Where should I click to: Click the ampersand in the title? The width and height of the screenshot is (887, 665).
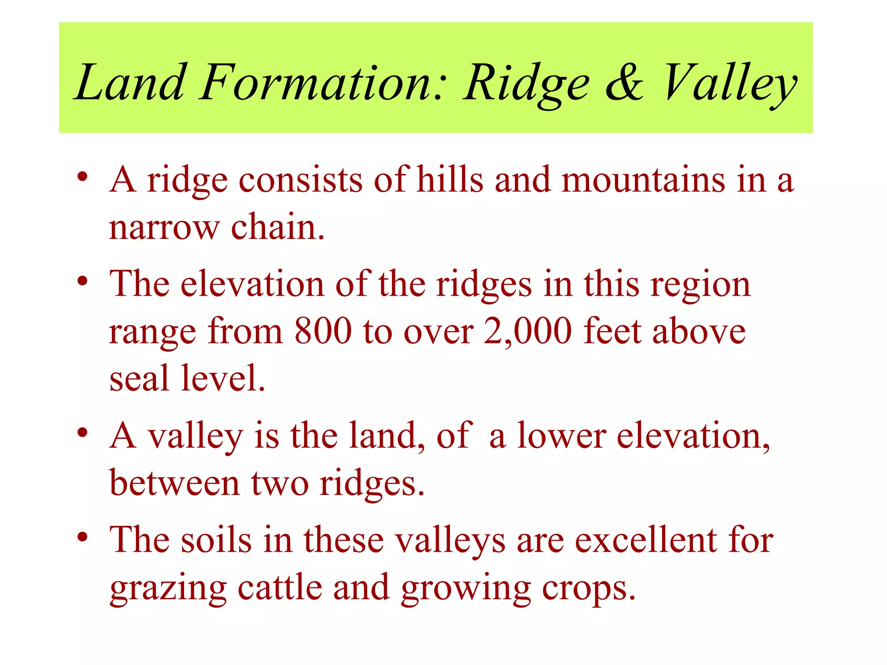(x=624, y=82)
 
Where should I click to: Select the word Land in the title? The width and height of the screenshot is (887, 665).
(x=129, y=82)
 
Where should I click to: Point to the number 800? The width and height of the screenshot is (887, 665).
(x=323, y=331)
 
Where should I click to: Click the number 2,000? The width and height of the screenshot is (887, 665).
(x=528, y=331)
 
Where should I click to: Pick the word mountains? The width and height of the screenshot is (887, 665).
(x=643, y=180)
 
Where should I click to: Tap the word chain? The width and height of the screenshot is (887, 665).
(x=278, y=227)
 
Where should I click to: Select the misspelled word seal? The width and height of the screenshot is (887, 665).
(x=139, y=378)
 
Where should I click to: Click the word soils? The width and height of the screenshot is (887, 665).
(x=216, y=540)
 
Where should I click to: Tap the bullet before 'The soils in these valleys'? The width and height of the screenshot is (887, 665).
(x=82, y=537)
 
